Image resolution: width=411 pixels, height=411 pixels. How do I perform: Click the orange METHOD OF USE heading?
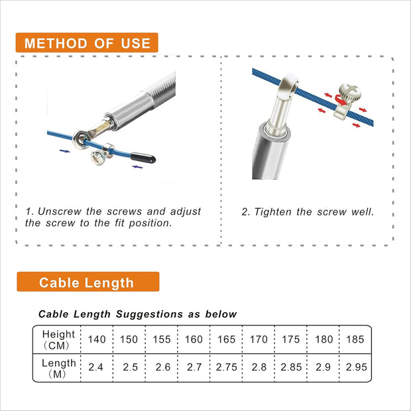tap(87, 44)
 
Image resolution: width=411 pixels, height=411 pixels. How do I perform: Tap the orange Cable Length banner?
tap(87, 283)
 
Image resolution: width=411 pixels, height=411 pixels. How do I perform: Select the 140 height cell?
tap(97, 339)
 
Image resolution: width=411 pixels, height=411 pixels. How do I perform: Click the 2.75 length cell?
tap(226, 367)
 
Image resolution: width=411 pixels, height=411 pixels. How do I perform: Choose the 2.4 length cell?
tap(97, 367)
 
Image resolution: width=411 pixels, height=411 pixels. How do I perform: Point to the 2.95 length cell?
tap(357, 367)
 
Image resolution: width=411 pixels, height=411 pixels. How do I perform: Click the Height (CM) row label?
tap(58, 339)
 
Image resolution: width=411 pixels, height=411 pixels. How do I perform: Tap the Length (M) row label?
tap(58, 367)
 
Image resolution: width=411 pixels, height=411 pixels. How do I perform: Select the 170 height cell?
tap(259, 339)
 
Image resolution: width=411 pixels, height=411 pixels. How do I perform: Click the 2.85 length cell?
tap(291, 367)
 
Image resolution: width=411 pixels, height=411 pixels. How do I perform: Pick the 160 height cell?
tap(194, 339)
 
